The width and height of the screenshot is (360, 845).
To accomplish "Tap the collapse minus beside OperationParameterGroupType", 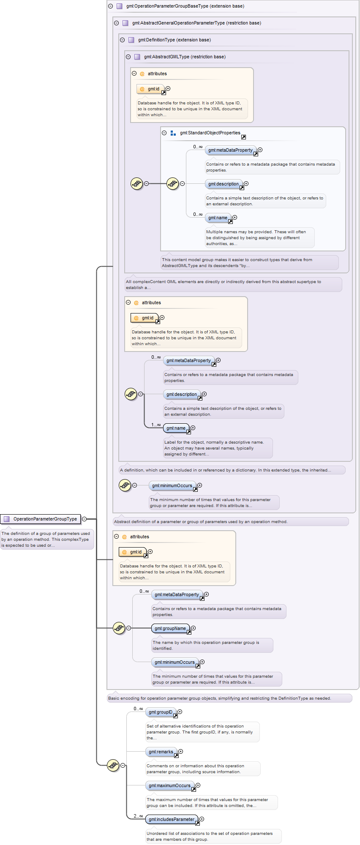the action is coord(84,519).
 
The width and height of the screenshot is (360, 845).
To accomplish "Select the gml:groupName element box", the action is coord(170,628).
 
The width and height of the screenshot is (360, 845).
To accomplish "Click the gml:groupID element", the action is coord(161,712).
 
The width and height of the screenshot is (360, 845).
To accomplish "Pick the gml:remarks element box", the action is coord(161,752).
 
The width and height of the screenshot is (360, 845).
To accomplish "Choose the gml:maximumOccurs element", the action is coord(170,785).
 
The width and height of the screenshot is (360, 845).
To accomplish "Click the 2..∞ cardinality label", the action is coord(138,816).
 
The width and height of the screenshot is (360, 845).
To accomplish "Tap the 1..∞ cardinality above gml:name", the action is coord(156,425).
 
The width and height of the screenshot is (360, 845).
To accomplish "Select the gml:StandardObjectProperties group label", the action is coord(210,133).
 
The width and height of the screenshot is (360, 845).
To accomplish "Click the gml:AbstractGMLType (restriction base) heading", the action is coord(185,57).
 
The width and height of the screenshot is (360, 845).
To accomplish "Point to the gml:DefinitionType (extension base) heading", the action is coord(175,40).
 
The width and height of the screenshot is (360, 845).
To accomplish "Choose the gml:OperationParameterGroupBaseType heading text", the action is coord(185,6).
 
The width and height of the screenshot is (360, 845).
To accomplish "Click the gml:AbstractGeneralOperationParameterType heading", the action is coord(196,23).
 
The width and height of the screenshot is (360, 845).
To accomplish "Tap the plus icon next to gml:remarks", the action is coord(180,751).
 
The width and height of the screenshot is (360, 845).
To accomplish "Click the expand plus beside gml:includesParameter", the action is coord(202,819).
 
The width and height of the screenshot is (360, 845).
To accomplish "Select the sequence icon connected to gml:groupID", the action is coord(113,765).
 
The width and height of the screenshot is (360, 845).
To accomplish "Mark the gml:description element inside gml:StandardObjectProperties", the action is coord(224,184).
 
